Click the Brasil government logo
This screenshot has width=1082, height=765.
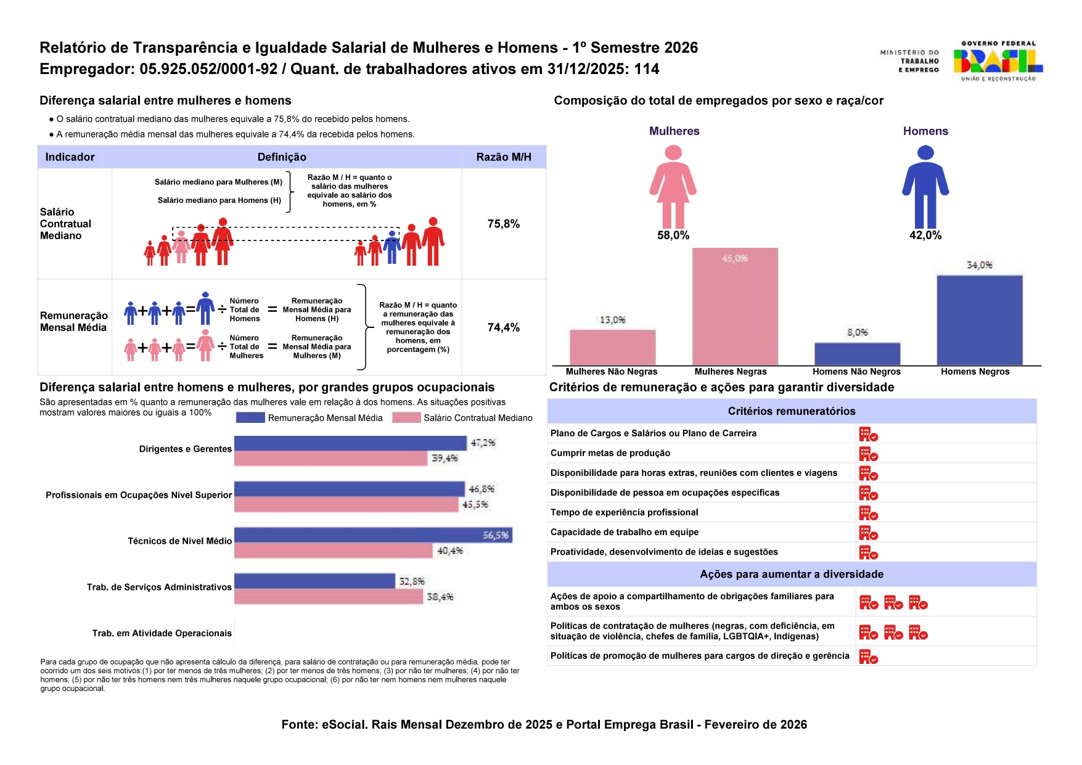998,61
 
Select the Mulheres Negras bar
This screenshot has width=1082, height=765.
735,306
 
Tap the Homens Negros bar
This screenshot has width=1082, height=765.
979,320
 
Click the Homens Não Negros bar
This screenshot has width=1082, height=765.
857,354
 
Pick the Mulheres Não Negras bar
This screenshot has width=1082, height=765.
612,347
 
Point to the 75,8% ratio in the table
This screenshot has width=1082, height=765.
503,224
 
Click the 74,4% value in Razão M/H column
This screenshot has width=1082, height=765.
503,327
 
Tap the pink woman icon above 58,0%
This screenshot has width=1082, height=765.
673,186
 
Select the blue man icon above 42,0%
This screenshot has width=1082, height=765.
925,186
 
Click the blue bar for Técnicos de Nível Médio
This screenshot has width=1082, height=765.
372,535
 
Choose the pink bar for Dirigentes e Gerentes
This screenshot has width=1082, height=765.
330,459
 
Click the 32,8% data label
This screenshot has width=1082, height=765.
412,581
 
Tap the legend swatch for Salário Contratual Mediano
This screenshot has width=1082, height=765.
406,418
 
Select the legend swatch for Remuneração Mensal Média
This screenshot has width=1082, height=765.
250,418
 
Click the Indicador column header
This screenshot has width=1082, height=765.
70,157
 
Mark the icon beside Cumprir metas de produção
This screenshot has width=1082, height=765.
868,454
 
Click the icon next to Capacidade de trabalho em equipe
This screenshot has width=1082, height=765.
868,533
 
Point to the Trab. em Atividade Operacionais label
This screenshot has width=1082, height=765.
162,633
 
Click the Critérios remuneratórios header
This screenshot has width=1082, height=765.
792,411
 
